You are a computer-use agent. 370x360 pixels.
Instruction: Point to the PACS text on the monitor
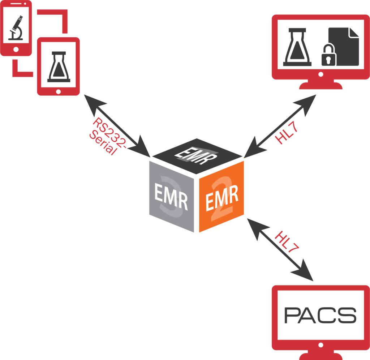(x=320, y=316)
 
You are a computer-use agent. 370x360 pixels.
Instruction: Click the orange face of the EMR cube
(x=221, y=197)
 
